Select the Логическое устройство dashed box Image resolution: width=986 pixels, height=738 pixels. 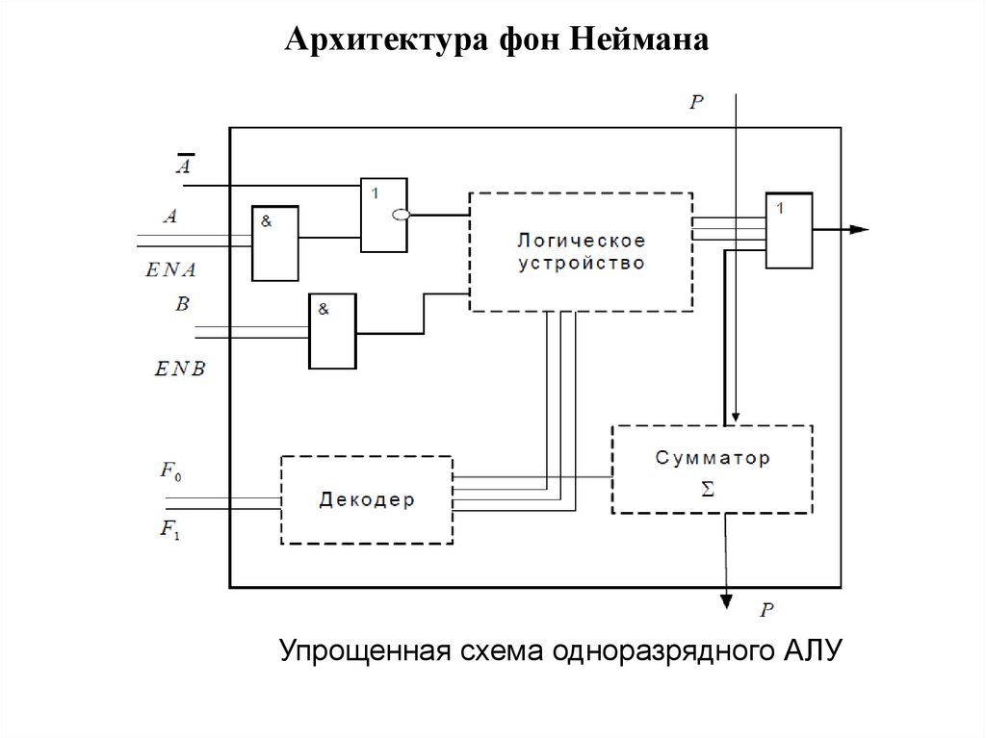(x=581, y=251)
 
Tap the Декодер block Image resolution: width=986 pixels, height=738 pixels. (x=366, y=500)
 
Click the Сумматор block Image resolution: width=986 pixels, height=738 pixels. (x=712, y=469)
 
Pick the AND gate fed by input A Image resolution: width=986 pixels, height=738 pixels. (x=274, y=243)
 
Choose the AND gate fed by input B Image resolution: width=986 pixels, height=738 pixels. (x=332, y=330)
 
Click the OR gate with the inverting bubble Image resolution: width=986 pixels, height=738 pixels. (x=383, y=216)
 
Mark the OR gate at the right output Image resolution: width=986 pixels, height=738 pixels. (x=789, y=230)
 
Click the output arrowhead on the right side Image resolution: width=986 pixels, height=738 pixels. (x=859, y=230)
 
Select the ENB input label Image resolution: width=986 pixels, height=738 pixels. (x=179, y=368)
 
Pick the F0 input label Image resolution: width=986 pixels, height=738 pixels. (x=170, y=471)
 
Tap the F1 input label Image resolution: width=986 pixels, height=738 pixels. (x=170, y=527)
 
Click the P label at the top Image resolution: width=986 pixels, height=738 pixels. (x=697, y=102)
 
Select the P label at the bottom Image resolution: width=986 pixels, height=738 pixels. (x=766, y=609)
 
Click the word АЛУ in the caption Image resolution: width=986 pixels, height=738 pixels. (x=811, y=651)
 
